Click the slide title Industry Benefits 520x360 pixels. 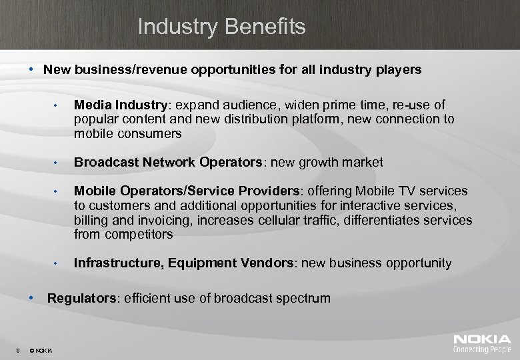click(x=221, y=27)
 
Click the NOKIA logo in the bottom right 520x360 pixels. click(x=482, y=339)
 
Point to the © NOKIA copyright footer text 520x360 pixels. click(x=42, y=350)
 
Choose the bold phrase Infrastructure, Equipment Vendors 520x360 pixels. click(x=183, y=263)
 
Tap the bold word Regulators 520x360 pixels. click(x=81, y=298)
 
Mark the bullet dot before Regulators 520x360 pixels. click(x=31, y=297)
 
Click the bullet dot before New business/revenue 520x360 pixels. click(x=31, y=69)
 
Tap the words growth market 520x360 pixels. click(x=351, y=162)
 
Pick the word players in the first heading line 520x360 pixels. click(x=401, y=69)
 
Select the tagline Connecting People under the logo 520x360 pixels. click(x=482, y=349)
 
